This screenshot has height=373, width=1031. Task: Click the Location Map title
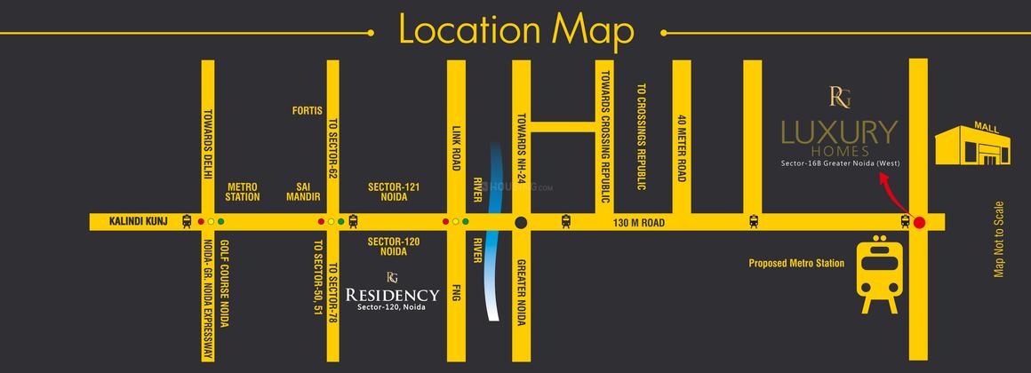point(515,30)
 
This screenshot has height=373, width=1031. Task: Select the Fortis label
point(307,111)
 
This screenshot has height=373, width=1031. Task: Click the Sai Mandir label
point(301,192)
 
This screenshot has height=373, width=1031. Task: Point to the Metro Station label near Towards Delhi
point(243,192)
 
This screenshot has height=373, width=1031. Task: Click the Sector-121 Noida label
point(394,192)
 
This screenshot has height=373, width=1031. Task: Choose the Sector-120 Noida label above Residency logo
point(394,246)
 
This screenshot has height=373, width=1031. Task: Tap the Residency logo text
point(392,295)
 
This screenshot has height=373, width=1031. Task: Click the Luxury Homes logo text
point(839,134)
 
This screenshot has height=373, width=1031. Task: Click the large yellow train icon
point(879,274)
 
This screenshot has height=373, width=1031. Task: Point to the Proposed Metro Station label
point(795,263)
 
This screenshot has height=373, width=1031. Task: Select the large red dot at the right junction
point(919,222)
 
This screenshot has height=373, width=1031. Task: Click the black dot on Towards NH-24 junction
point(522,222)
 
